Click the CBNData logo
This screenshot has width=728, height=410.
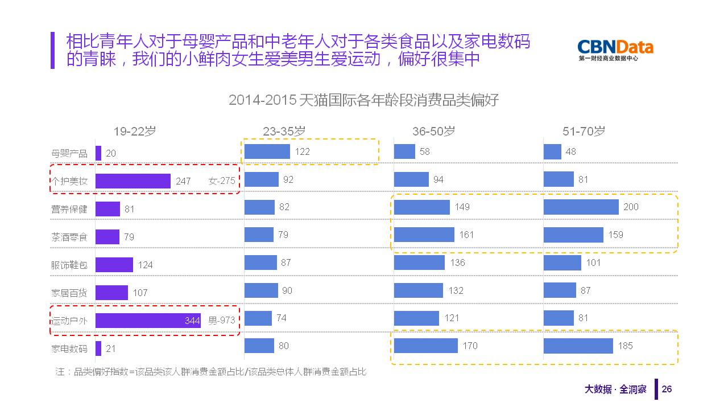[x=615, y=50]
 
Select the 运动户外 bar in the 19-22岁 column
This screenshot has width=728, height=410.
[x=148, y=321]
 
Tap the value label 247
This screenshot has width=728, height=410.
[x=183, y=181]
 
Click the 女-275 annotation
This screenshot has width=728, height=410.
[x=222, y=181]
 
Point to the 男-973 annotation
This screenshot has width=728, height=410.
[x=221, y=321]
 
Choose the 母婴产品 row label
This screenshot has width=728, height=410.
[x=69, y=153]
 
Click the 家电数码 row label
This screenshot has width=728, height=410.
[x=69, y=348]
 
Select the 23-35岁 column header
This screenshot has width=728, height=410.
[x=284, y=131]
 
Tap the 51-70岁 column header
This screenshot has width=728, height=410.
[x=584, y=131]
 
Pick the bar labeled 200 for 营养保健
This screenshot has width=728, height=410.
[x=581, y=207]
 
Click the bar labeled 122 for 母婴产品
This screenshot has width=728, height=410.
[x=267, y=151]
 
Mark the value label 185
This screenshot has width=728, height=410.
[x=624, y=346]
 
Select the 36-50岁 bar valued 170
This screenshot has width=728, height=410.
[x=425, y=346]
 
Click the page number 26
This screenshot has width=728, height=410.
[x=667, y=389]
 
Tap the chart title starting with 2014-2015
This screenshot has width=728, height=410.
[x=363, y=100]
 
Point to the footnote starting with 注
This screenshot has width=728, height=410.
[x=210, y=372]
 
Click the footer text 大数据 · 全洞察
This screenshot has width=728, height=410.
[x=615, y=389]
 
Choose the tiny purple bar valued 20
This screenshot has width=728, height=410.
[x=98, y=153]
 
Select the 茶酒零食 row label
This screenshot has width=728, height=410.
[x=69, y=237]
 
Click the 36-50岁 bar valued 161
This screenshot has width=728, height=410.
[x=424, y=235]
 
